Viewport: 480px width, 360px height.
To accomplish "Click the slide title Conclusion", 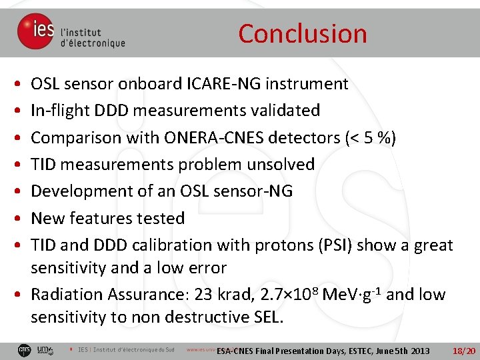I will pos(302,33).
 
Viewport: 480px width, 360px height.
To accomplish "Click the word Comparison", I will pos(72,137).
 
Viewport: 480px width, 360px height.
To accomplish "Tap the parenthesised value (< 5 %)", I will pos(370,137).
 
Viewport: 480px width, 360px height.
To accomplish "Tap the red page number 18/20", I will pos(463,351).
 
